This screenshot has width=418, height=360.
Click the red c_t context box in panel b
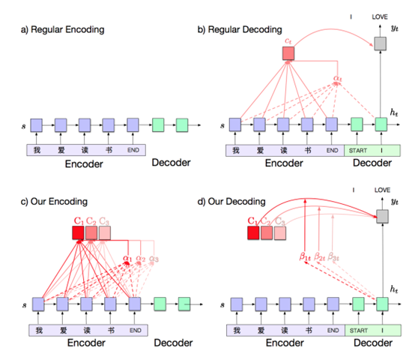click(x=289, y=53)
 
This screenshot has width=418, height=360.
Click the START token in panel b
click(x=357, y=149)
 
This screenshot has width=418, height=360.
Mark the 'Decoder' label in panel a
click(x=171, y=163)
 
